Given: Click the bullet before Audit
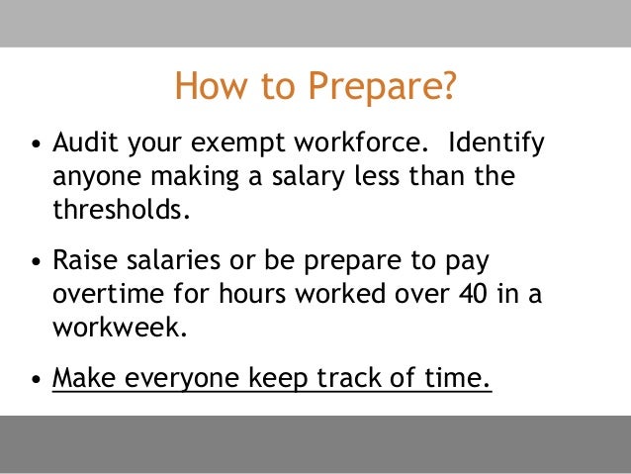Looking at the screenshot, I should tap(37, 147).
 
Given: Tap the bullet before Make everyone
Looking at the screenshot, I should tap(37, 381).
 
